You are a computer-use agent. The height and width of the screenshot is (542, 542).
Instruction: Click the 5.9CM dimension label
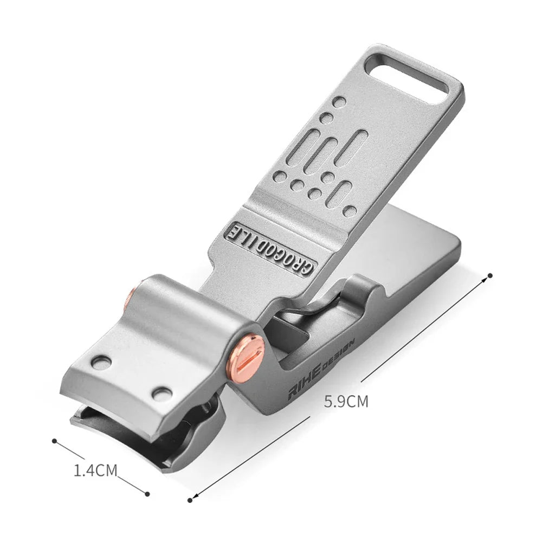tap(346, 402)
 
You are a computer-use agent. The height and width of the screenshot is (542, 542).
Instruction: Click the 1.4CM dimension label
tap(96, 470)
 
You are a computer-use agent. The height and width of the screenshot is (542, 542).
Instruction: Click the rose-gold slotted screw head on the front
tap(246, 357)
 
